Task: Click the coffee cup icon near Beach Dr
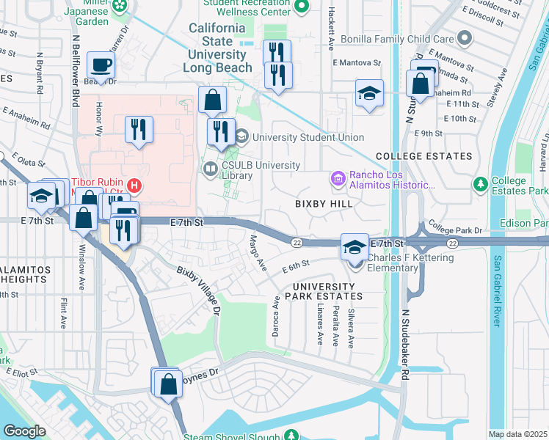[x=100, y=65]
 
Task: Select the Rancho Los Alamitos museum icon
[x=338, y=178]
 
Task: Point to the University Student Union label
[x=308, y=137]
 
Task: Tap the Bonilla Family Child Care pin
[x=464, y=37]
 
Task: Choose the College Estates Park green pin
[x=481, y=183]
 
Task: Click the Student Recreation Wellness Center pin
[x=300, y=7]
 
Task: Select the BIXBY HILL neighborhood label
[x=321, y=203]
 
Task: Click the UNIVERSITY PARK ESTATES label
[x=327, y=291]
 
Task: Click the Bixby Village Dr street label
[x=198, y=290]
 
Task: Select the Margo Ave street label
[x=257, y=252]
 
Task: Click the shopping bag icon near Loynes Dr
[x=169, y=384]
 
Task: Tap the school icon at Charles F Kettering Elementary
[x=355, y=247]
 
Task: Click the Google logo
[x=25, y=431]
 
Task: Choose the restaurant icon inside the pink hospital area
[x=138, y=131]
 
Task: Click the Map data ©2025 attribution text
[x=517, y=434]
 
